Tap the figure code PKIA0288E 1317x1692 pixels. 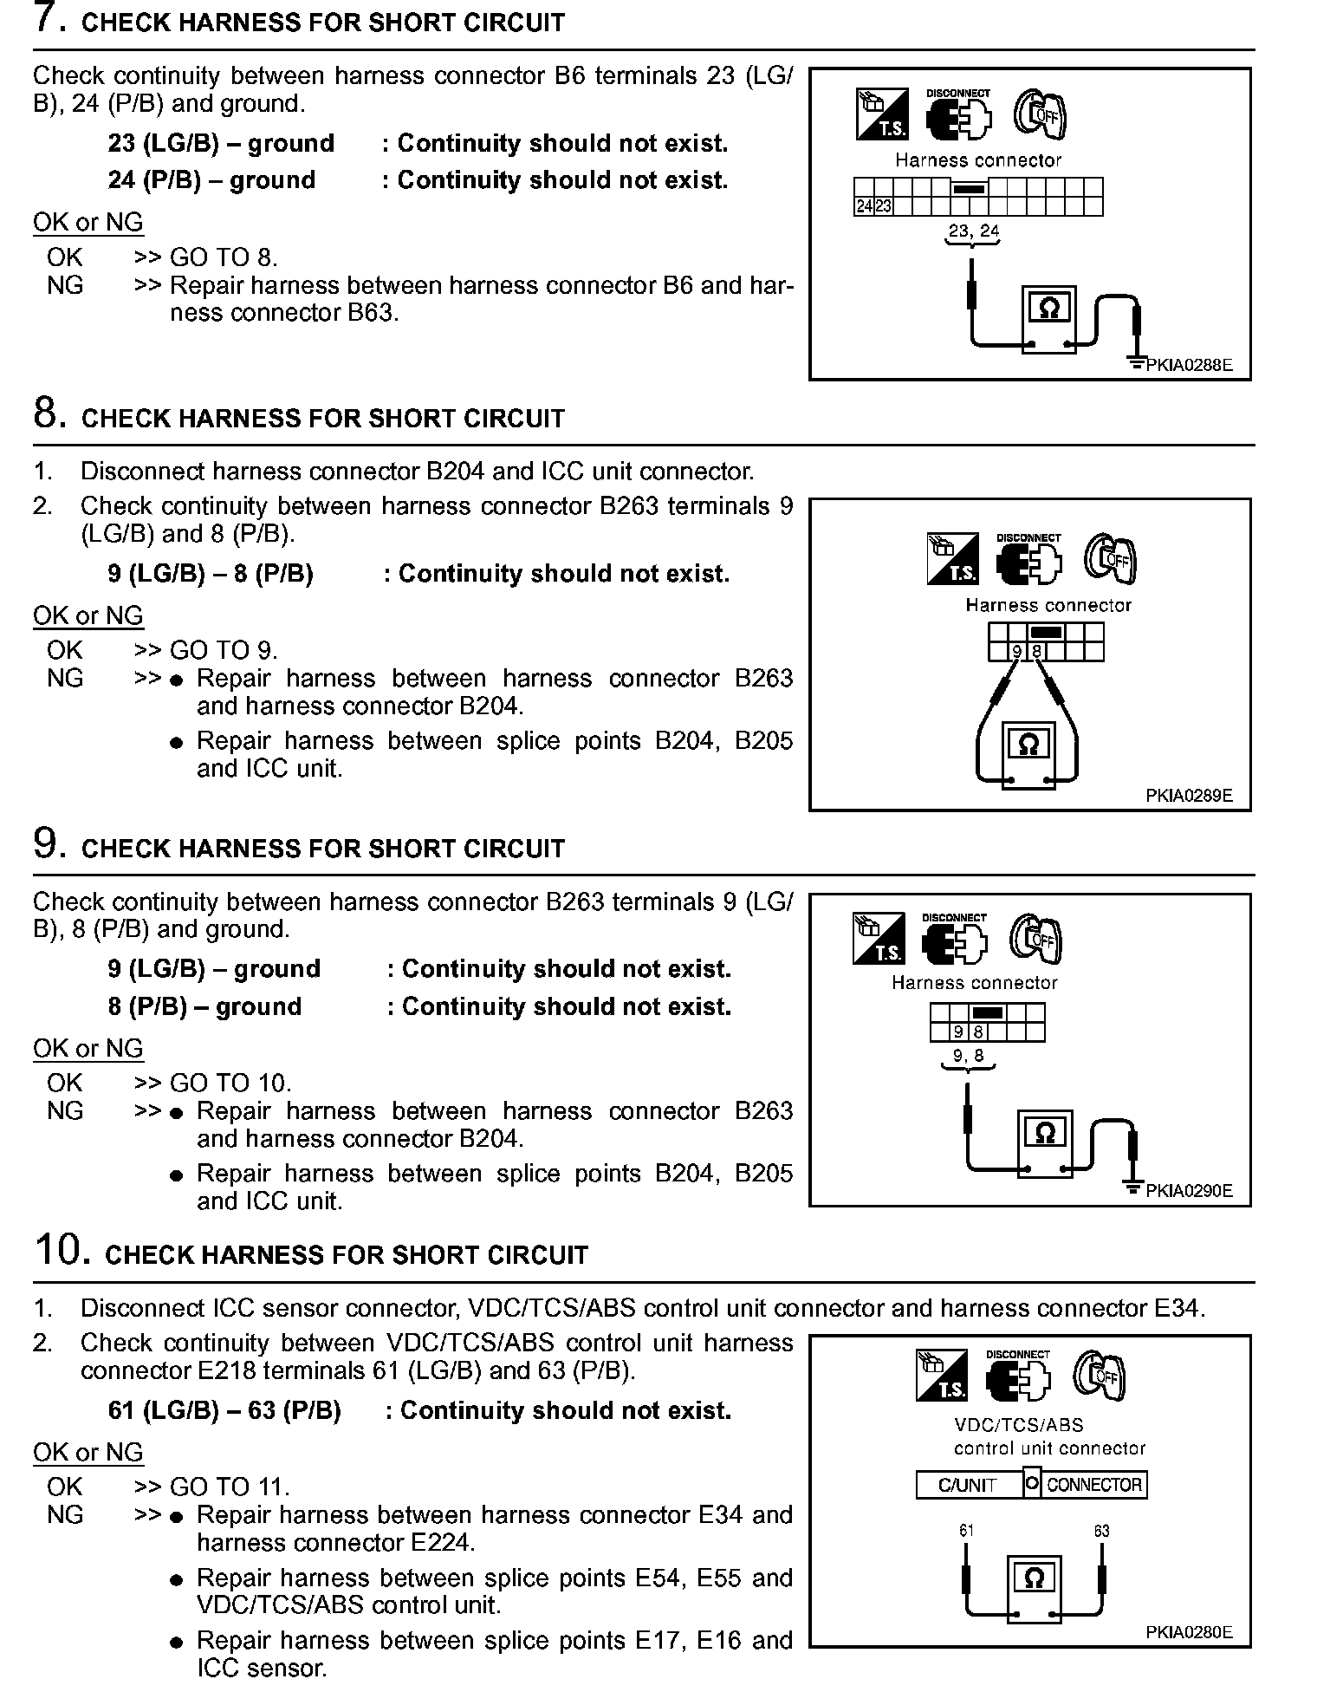[x=1189, y=365]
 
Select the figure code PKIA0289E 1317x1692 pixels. [x=1189, y=796]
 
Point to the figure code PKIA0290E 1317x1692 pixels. [x=1189, y=1191]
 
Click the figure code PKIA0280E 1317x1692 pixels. [x=1189, y=1632]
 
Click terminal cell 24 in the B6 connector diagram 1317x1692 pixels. [x=864, y=206]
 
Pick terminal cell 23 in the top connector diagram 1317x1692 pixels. [x=883, y=206]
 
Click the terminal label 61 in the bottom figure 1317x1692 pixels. [x=966, y=1531]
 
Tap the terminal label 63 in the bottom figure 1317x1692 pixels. [x=1101, y=1531]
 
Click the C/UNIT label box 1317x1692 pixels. [x=968, y=1485]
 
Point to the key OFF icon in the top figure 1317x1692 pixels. [x=1040, y=114]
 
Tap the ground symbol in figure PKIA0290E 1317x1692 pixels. [x=1132, y=1185]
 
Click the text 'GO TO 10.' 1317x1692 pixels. [x=230, y=1084]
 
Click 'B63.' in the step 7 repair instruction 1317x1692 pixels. [x=373, y=313]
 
